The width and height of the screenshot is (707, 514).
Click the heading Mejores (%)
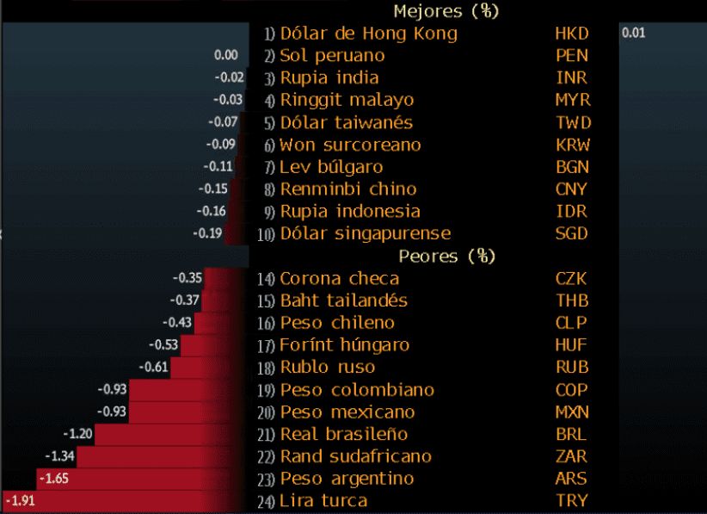coord(446,11)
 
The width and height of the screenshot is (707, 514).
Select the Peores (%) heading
coord(447,257)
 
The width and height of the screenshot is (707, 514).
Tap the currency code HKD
coord(572,34)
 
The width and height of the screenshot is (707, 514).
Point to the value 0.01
coord(632,33)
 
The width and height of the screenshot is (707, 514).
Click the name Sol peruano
coord(332,56)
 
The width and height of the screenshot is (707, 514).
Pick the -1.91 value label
coord(22,500)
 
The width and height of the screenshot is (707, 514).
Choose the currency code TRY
coord(571,501)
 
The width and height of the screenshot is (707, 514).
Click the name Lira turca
coord(323,501)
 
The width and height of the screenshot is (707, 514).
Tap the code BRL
coord(572,434)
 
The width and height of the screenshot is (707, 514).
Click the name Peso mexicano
coord(347,412)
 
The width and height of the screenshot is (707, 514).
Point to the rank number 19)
coord(265,390)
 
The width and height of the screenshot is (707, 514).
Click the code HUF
coord(572,345)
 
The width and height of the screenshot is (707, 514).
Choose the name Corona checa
coord(339,279)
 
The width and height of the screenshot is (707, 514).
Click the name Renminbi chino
coord(348,189)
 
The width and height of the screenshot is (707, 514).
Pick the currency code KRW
coord(573,145)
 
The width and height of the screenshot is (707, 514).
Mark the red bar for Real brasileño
coord(172,433)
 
